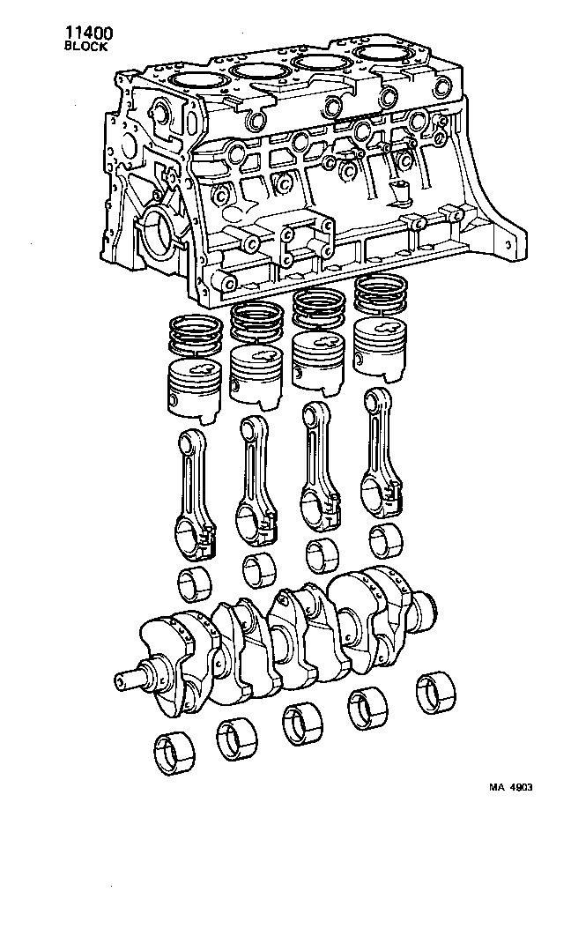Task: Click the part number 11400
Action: tap(89, 33)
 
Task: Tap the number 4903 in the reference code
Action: tap(520, 788)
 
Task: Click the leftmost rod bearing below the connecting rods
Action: tap(195, 581)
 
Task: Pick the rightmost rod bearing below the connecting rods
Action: tap(385, 539)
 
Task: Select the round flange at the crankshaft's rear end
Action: tap(425, 607)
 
